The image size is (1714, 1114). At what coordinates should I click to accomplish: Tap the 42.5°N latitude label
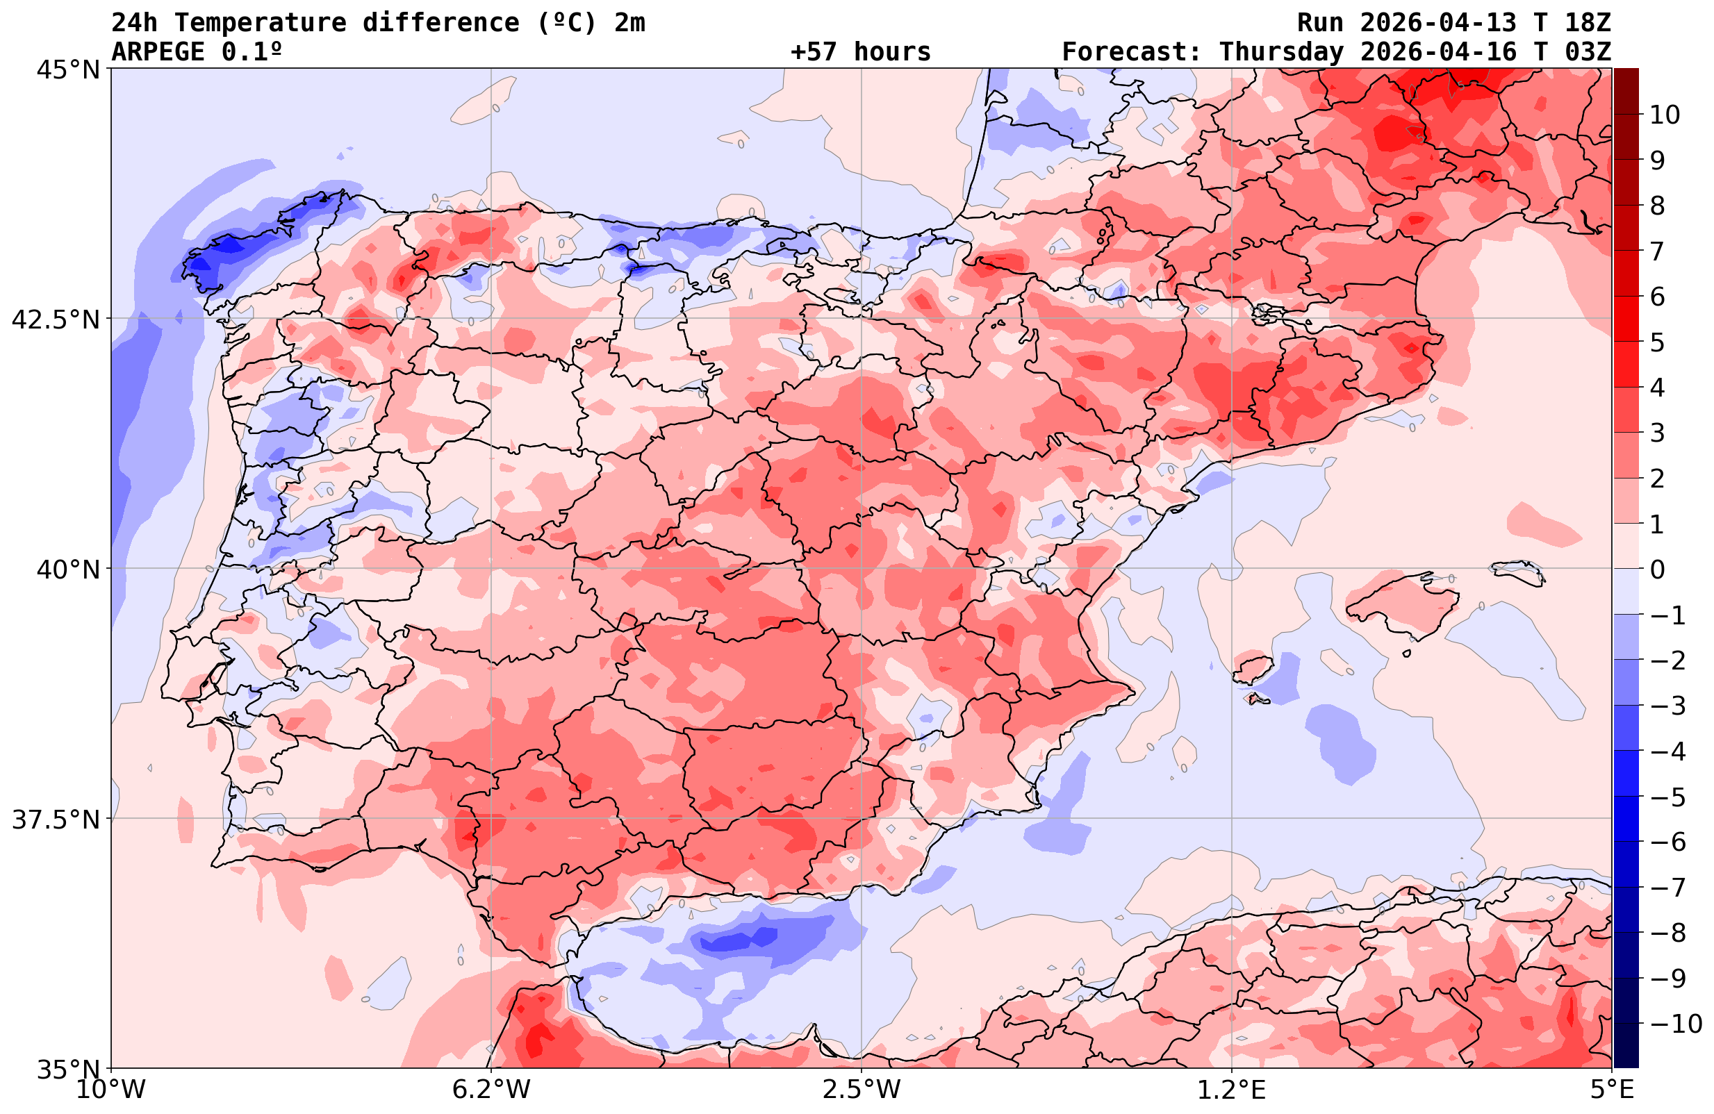(56, 319)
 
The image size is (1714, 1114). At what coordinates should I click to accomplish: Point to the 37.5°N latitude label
(56, 820)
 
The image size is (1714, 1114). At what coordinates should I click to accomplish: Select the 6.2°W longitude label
(491, 1090)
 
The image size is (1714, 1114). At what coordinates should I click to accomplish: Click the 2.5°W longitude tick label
(862, 1090)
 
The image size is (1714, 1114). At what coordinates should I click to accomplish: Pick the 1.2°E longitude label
(1232, 1090)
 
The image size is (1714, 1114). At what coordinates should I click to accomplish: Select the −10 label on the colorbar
(1675, 1023)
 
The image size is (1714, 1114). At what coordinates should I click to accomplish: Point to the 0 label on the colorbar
(1657, 570)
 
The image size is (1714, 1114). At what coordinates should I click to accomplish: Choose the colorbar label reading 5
(1657, 342)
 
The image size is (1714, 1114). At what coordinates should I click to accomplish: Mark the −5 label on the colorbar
(1667, 797)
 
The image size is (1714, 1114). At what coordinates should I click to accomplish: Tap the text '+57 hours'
(861, 52)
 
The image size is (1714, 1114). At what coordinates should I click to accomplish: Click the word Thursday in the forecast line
(1281, 52)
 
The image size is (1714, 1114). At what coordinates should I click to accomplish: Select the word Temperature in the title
(267, 23)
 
